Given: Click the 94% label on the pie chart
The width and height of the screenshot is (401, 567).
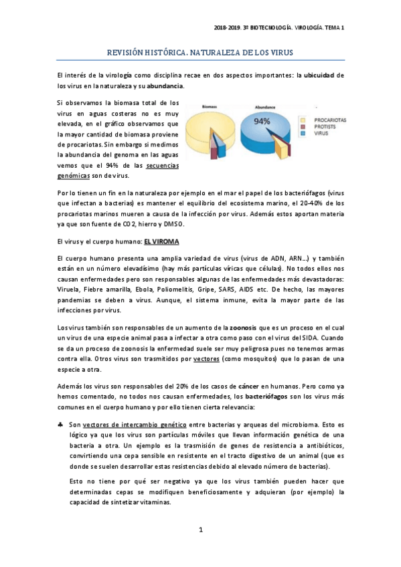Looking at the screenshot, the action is (262, 121).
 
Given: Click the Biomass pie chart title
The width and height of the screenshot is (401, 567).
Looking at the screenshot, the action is (209, 107).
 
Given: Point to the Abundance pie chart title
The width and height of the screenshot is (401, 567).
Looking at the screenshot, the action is (266, 107).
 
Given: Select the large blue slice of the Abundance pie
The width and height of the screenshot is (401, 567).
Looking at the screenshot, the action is (268, 137).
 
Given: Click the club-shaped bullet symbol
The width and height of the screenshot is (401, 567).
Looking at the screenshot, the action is (61, 425).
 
